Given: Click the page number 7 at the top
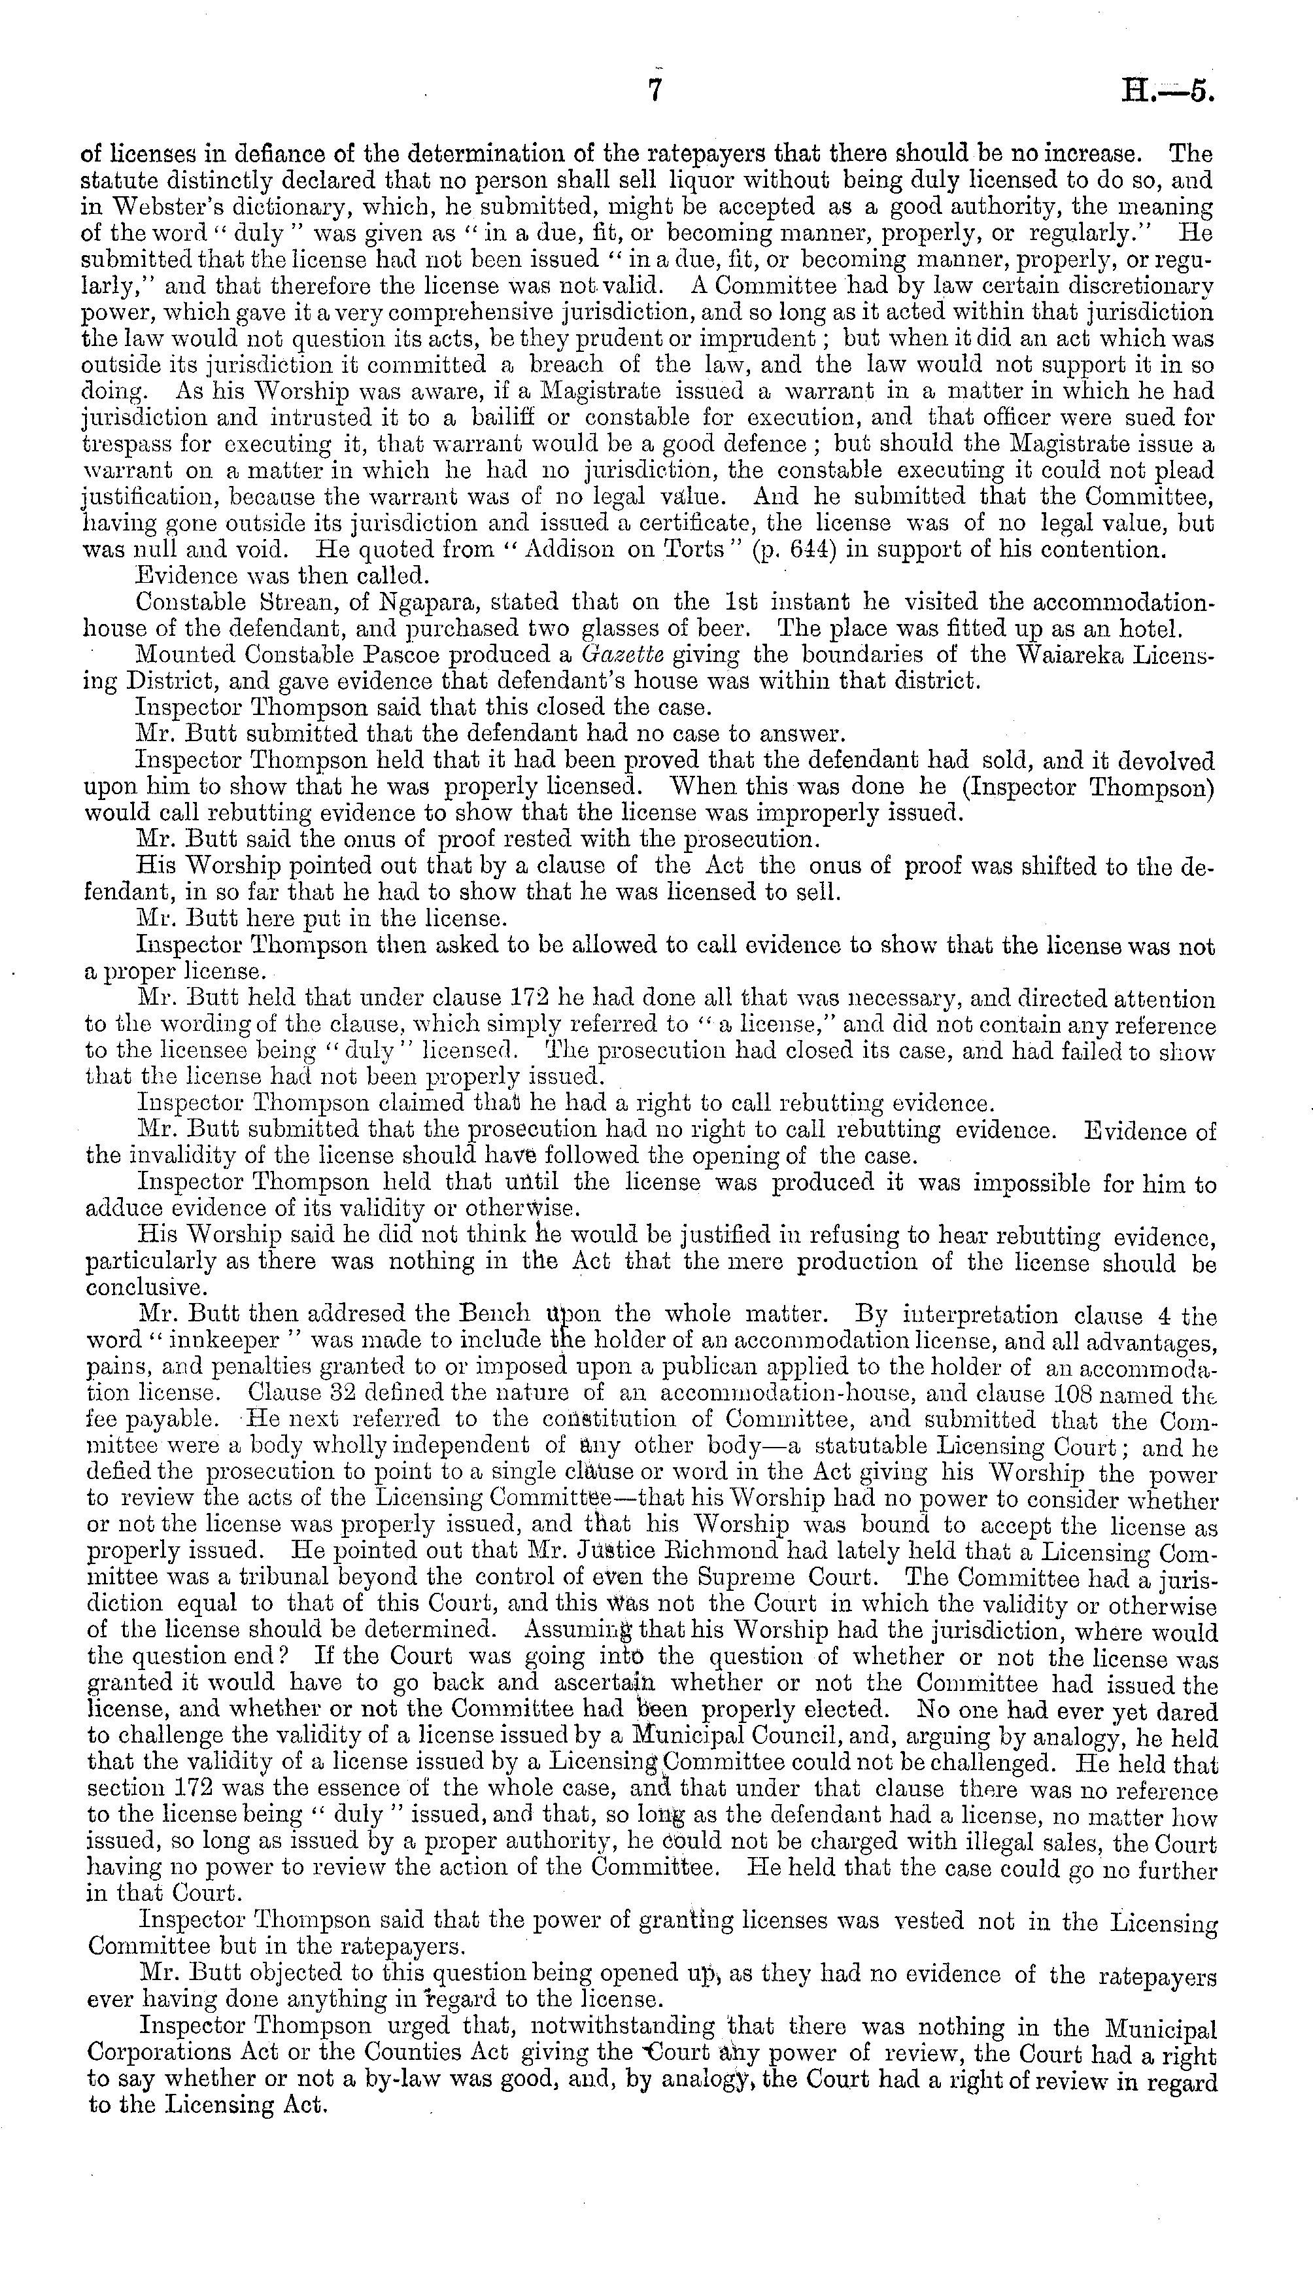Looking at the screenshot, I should [x=656, y=94].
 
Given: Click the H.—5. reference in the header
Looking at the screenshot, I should [x=1170, y=94].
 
